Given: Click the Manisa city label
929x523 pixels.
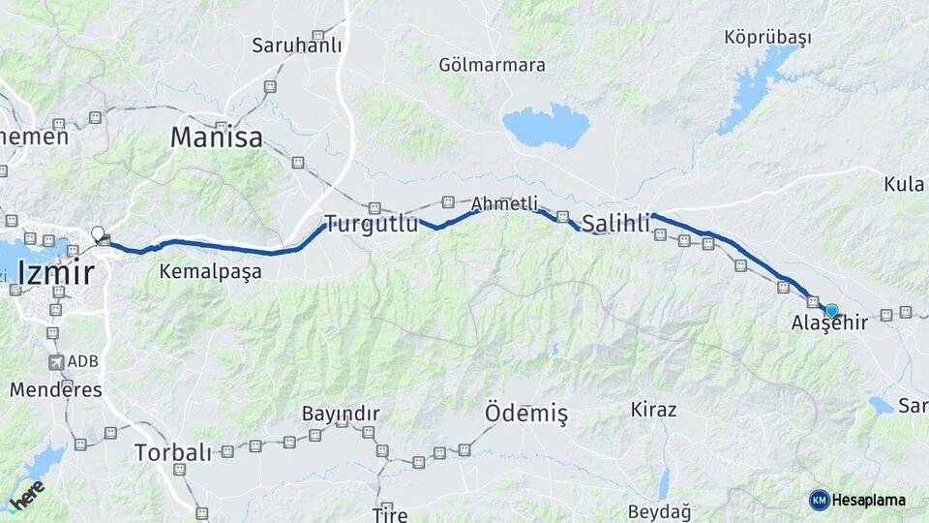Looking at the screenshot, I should point(216,138).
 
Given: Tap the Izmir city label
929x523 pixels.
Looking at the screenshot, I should point(56,273).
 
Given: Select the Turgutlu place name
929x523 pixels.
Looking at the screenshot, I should point(372,225).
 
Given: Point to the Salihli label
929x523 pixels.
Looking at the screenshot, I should point(615,224).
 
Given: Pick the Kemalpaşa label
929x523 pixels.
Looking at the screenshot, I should point(210,272).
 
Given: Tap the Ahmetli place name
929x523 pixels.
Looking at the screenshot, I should point(504,203).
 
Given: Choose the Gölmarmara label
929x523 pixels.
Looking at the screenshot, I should point(492,65).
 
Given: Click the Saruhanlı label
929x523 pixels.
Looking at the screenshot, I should point(295,45).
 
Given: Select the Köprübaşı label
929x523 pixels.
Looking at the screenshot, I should point(767,38).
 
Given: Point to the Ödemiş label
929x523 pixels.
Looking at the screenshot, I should point(525,414).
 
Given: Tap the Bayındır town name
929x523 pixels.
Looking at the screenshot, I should point(340,414).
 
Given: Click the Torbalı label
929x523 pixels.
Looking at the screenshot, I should point(172,452).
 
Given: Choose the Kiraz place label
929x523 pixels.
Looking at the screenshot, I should point(653,409).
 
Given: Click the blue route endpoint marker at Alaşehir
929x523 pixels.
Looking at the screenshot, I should point(831,310).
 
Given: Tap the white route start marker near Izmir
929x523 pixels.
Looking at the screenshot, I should point(98,232).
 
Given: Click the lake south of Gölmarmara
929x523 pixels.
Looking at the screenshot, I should point(546,126).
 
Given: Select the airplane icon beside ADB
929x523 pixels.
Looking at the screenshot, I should point(56,362).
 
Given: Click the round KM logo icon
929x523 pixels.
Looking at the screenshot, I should point(820,500).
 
